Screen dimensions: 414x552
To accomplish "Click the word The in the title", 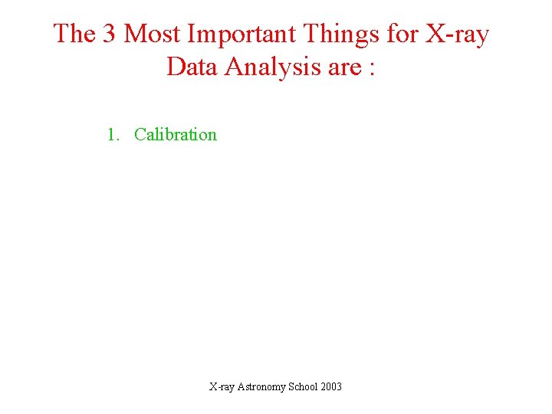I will tap(74, 34).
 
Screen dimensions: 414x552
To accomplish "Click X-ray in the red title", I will tap(458, 34).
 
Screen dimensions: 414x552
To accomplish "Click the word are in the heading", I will tap(343, 68).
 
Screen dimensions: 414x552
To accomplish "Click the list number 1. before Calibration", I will tap(113, 135).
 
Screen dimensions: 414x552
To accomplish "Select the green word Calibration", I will tap(176, 135).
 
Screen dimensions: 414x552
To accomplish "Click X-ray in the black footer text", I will tap(222, 387).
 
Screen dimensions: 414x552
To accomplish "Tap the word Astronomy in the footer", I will tap(261, 387).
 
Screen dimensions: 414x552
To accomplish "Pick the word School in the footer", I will tap(304, 386).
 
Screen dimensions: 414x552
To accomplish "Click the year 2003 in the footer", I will tap(333, 386).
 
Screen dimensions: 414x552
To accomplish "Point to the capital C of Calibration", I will tap(140, 135).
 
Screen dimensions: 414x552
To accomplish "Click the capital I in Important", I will tap(192, 34).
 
